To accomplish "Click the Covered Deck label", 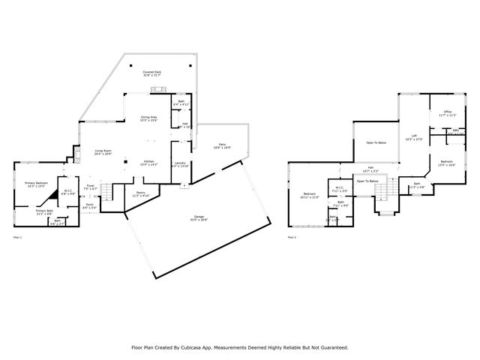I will coord(154,72).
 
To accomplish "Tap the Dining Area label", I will coord(148,117).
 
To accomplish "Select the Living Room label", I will coord(103,151).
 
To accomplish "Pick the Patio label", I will coord(222,144).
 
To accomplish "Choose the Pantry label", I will coord(140,193).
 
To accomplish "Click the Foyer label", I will coord(89,186).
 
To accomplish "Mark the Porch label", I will coord(89,204).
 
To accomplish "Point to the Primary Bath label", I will coord(44,211).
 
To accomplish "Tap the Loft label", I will coord(414,136).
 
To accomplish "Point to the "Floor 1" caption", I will coord(18,238).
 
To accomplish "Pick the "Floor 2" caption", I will coord(291,238).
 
